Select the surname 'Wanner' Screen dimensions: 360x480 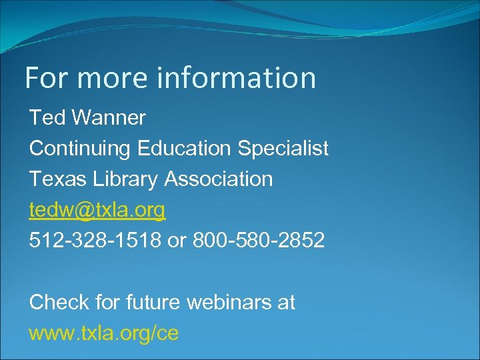[109, 118]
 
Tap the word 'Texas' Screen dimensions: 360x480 [58, 179]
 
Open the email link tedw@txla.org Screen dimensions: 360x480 [97, 210]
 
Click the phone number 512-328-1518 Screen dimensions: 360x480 [95, 240]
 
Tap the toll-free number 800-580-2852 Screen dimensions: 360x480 [259, 240]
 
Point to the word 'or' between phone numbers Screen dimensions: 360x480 [177, 241]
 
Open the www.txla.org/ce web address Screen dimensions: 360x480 [104, 333]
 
